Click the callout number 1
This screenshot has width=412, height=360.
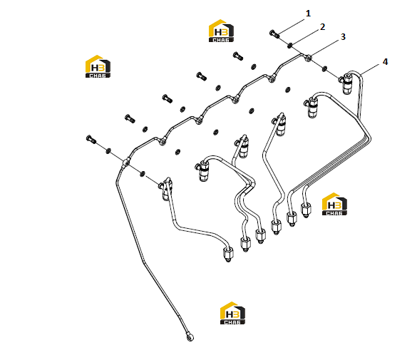[x=308, y=14]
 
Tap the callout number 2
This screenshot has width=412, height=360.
[x=322, y=27]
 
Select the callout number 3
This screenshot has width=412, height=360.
[x=343, y=37]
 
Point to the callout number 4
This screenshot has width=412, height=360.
[x=385, y=62]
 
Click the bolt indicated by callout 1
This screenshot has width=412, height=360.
[x=274, y=34]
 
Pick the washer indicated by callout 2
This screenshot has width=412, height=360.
[x=290, y=45]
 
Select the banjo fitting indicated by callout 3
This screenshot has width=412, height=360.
[x=308, y=58]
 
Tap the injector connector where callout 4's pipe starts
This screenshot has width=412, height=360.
[x=346, y=83]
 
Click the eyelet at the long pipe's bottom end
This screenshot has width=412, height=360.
[x=190, y=337]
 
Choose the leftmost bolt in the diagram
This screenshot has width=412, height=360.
[x=91, y=139]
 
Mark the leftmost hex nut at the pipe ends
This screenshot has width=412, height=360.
[x=228, y=254]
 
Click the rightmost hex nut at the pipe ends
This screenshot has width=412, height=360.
[x=306, y=210]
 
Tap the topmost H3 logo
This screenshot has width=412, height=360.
[x=221, y=31]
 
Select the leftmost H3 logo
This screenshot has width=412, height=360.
[x=98, y=66]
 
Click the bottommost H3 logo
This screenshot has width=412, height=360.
[x=232, y=313]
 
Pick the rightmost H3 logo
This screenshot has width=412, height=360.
[x=334, y=204]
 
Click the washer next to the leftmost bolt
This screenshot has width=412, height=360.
[x=108, y=151]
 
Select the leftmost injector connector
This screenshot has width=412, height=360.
[x=166, y=188]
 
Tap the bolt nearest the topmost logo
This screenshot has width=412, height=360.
[x=238, y=56]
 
